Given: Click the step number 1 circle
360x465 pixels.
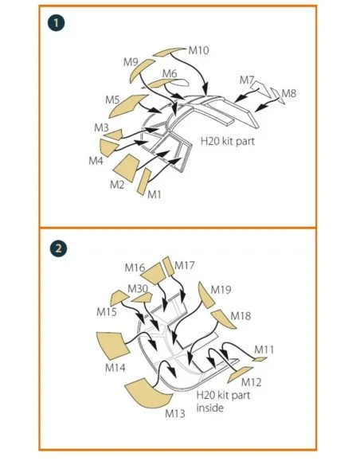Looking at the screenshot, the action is [x=56, y=23].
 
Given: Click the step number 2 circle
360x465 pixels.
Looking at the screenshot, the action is [x=58, y=248].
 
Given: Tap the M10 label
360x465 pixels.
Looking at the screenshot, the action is [x=198, y=50].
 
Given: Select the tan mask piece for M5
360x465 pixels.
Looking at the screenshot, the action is [x=126, y=105].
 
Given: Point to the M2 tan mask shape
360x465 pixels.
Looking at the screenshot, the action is [x=127, y=167].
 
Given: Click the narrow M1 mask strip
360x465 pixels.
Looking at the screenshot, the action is [x=144, y=182].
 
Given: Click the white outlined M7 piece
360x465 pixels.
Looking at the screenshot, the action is [x=261, y=89].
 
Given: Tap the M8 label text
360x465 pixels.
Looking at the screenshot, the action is [x=289, y=94].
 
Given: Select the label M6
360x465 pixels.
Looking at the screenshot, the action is [x=170, y=73].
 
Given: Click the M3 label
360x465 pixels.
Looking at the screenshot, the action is [x=101, y=128].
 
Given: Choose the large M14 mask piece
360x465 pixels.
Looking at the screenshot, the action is [x=113, y=346].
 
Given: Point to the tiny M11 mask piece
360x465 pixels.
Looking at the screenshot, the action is [x=260, y=359].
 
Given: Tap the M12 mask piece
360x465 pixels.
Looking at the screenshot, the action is [x=240, y=375].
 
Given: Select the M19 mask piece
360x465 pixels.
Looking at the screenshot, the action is [x=205, y=294].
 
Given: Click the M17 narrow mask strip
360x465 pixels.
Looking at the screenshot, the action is [x=168, y=266].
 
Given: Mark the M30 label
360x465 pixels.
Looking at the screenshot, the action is [x=138, y=288].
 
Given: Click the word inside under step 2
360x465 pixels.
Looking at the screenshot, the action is [x=210, y=408].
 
